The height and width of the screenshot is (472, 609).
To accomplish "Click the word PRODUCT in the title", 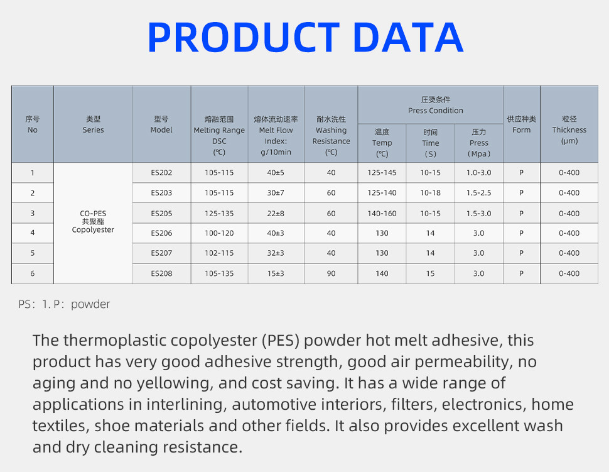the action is [x=244, y=37].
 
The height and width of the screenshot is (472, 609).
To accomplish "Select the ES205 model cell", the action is [x=161, y=214].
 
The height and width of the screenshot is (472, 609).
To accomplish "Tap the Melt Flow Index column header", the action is [x=276, y=135].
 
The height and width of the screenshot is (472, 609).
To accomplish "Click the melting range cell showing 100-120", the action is [x=219, y=233].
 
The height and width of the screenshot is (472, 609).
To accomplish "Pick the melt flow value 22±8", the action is [x=276, y=214].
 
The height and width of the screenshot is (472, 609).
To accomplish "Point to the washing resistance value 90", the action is [x=331, y=273].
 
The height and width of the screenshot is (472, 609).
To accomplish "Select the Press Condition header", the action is [x=435, y=105].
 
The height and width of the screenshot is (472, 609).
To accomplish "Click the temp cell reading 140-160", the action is [x=382, y=214].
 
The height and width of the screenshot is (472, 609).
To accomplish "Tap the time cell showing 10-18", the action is [x=430, y=193].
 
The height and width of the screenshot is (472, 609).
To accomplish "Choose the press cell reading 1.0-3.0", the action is [x=478, y=173].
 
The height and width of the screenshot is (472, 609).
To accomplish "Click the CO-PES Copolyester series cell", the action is [x=93, y=222].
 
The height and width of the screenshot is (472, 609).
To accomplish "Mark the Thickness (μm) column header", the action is [x=569, y=130].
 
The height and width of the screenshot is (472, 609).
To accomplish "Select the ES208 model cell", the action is [x=161, y=273].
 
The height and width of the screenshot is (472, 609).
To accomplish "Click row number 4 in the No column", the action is [x=32, y=233].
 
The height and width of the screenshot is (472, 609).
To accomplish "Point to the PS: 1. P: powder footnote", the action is [x=64, y=304].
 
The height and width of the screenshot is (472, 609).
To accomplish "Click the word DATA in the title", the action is [x=408, y=37].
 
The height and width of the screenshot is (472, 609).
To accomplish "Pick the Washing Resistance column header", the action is [x=331, y=135].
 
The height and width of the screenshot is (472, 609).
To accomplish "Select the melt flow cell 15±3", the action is [x=276, y=273].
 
